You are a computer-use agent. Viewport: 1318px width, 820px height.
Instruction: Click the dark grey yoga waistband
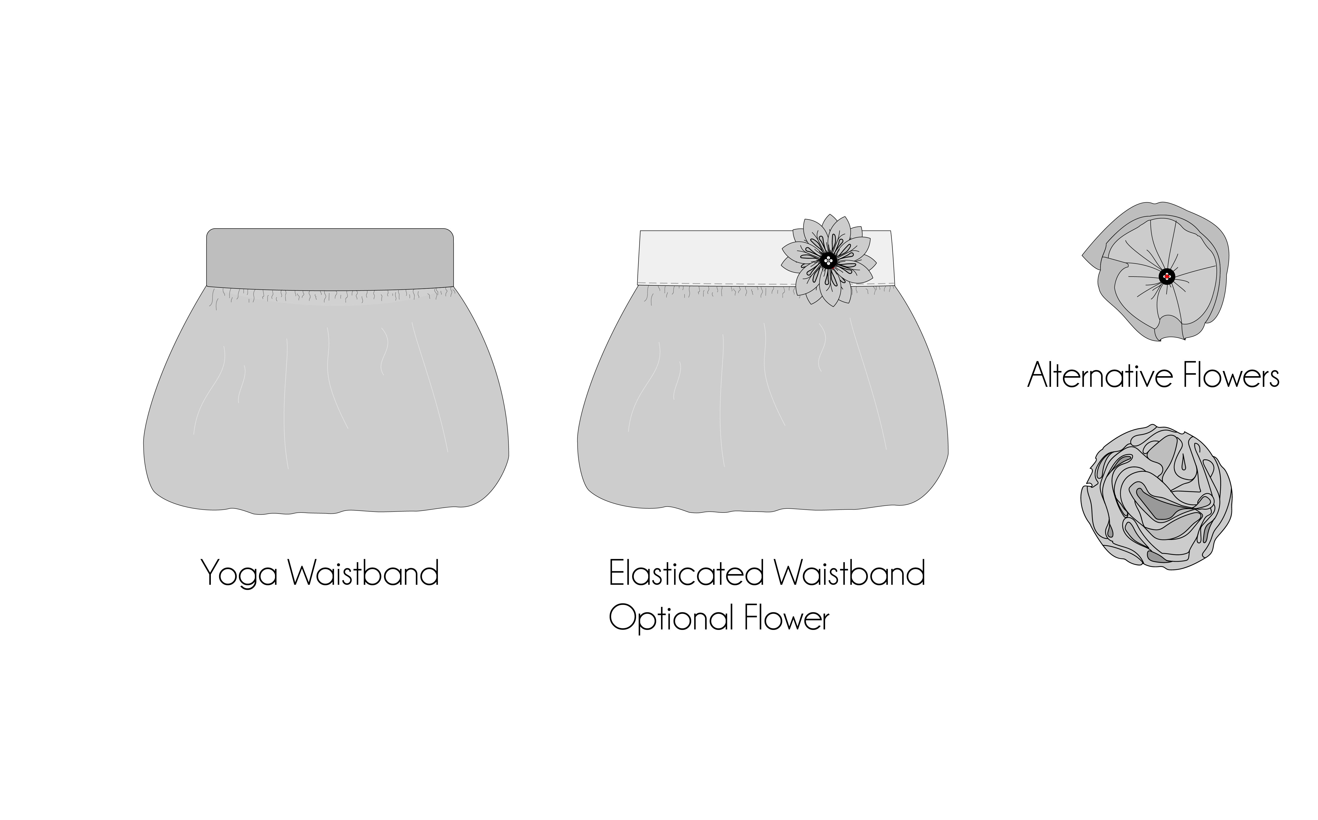click(330, 258)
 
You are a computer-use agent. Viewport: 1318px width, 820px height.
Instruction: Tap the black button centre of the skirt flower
click(828, 261)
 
